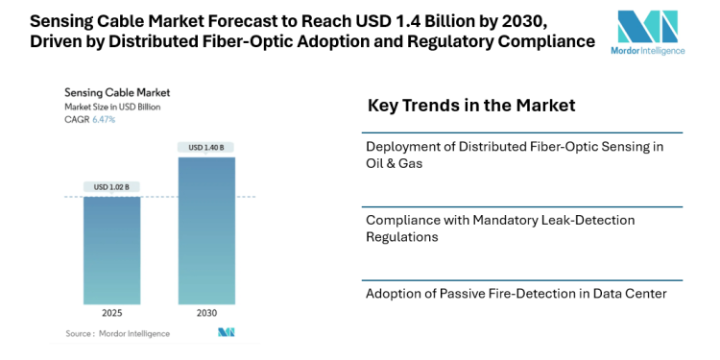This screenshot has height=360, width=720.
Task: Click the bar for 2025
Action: [x=111, y=251]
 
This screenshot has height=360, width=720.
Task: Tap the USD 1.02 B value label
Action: [x=111, y=186]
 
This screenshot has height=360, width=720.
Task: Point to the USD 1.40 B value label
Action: [x=206, y=147]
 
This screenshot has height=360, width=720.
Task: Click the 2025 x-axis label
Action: [x=111, y=313]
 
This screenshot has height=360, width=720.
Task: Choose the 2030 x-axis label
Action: [x=206, y=313]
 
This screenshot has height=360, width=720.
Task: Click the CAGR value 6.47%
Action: [x=103, y=120]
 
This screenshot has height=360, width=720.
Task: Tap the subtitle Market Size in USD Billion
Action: [x=112, y=107]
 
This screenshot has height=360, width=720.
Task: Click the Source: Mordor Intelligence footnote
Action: [x=118, y=333]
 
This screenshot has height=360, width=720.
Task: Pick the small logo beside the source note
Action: [x=227, y=333]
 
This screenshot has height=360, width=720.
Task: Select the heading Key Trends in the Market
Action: [x=471, y=106]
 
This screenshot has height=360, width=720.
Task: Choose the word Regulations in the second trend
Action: [x=402, y=236]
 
